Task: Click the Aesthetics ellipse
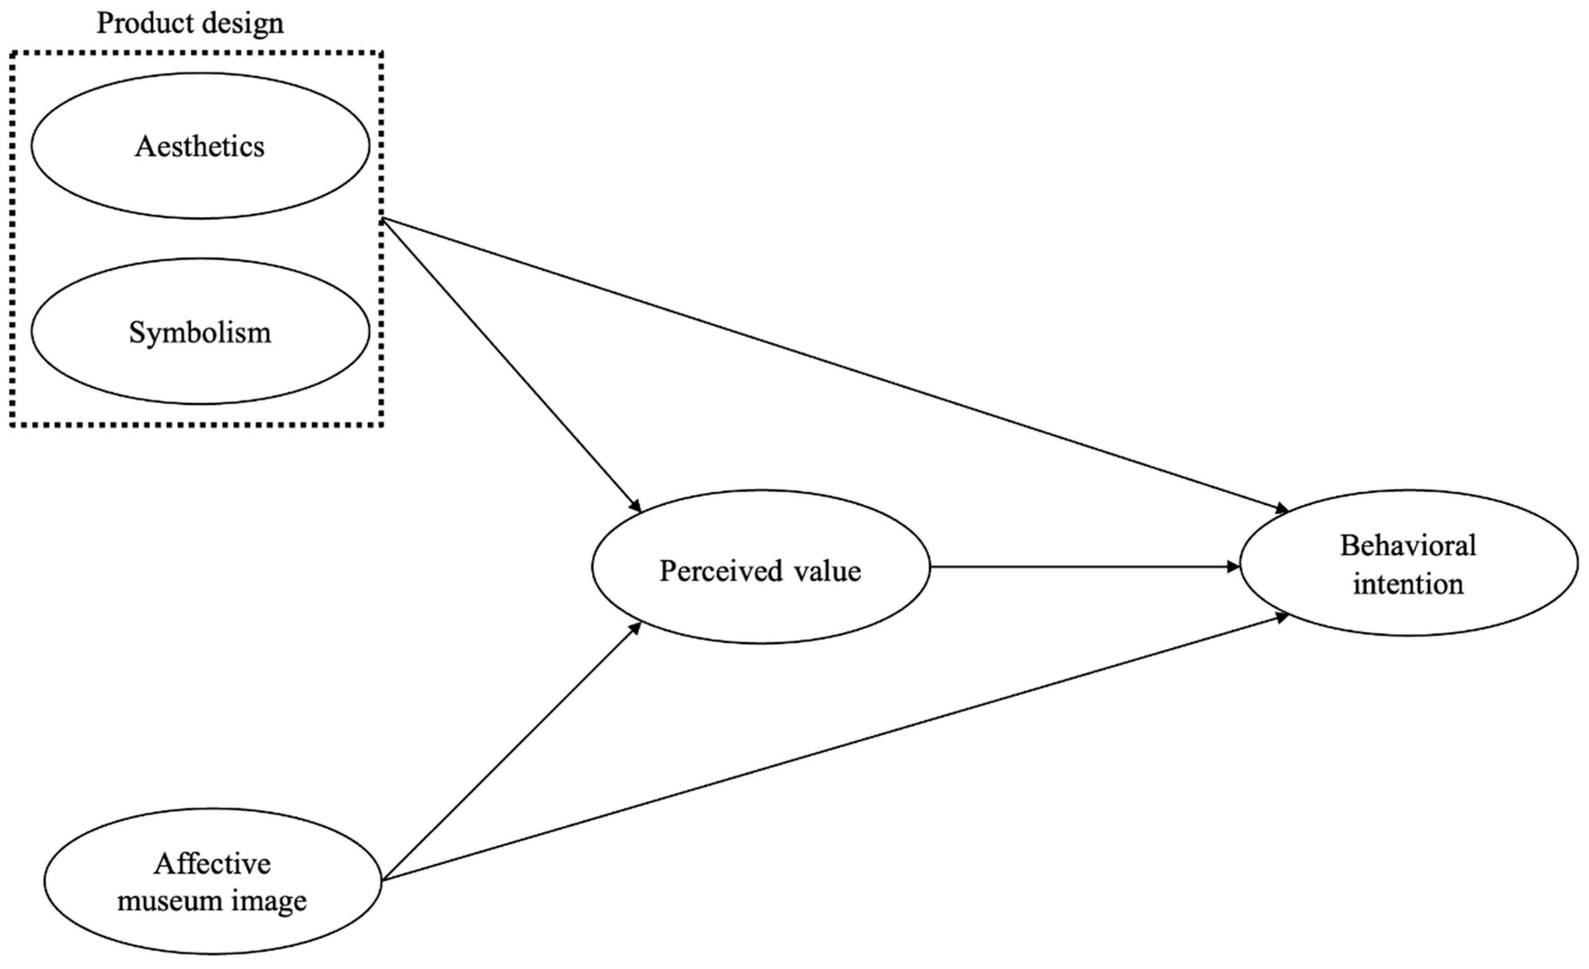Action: coord(200,146)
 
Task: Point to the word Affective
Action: coord(212,863)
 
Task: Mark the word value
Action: coord(830,571)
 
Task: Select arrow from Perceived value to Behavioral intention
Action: coord(1083,567)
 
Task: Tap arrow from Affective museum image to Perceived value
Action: coord(509,753)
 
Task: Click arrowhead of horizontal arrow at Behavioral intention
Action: coord(1233,567)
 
